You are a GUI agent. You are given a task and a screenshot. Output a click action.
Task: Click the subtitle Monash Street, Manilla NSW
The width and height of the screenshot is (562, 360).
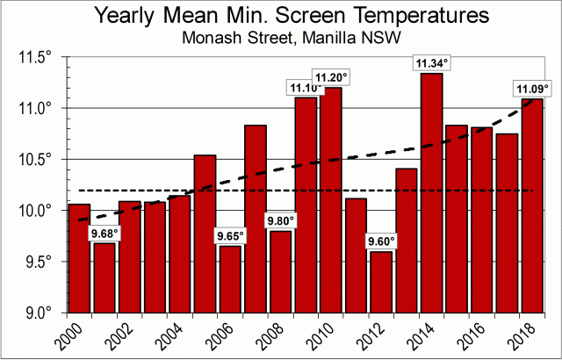(x=281, y=39)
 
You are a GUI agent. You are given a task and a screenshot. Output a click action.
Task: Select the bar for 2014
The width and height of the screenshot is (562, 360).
(x=431, y=193)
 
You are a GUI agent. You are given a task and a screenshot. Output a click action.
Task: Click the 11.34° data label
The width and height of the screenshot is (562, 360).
(x=431, y=63)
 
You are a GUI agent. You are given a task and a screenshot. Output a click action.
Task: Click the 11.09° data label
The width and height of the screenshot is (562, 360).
(x=532, y=89)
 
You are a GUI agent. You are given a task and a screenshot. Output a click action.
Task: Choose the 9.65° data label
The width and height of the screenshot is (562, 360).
(x=230, y=235)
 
